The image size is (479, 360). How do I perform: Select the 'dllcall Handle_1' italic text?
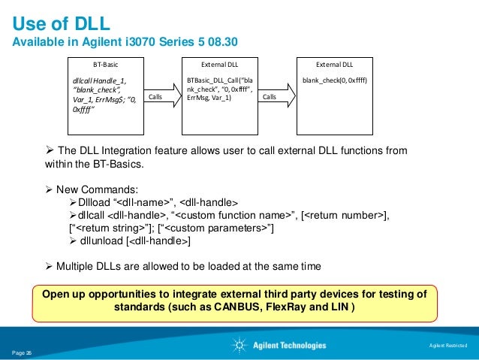(100, 80)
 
